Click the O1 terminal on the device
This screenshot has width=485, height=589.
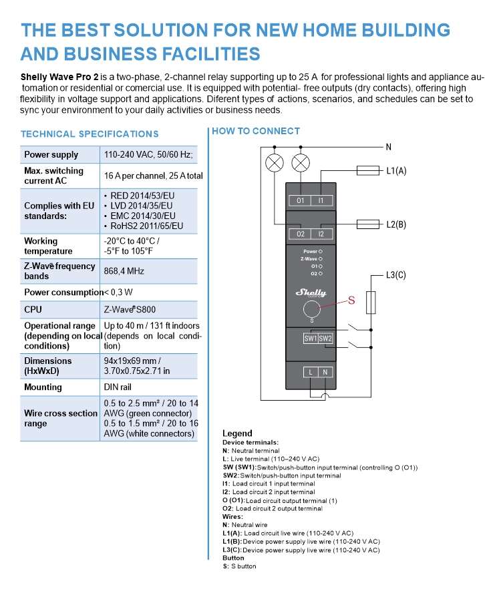click(301, 200)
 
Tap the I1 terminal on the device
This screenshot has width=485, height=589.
click(321, 200)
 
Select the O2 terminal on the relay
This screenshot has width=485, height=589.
click(301, 234)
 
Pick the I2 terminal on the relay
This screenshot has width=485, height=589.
click(321, 234)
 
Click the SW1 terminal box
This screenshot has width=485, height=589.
click(311, 339)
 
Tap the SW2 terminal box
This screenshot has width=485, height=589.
click(325, 339)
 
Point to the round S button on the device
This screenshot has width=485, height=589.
click(311, 309)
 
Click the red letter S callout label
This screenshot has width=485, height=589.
click(352, 301)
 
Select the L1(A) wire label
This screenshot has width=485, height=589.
click(396, 171)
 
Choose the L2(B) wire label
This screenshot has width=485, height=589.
click(396, 224)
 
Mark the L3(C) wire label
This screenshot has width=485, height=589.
click(396, 274)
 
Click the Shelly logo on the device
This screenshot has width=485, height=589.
click(311, 292)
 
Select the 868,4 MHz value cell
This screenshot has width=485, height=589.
click(124, 271)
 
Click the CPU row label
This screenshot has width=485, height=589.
click(33, 310)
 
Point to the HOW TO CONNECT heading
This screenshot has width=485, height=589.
click(256, 131)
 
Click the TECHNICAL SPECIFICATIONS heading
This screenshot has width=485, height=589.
click(90, 134)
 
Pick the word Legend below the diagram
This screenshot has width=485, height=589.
click(237, 433)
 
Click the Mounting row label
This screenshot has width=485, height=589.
click(43, 387)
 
